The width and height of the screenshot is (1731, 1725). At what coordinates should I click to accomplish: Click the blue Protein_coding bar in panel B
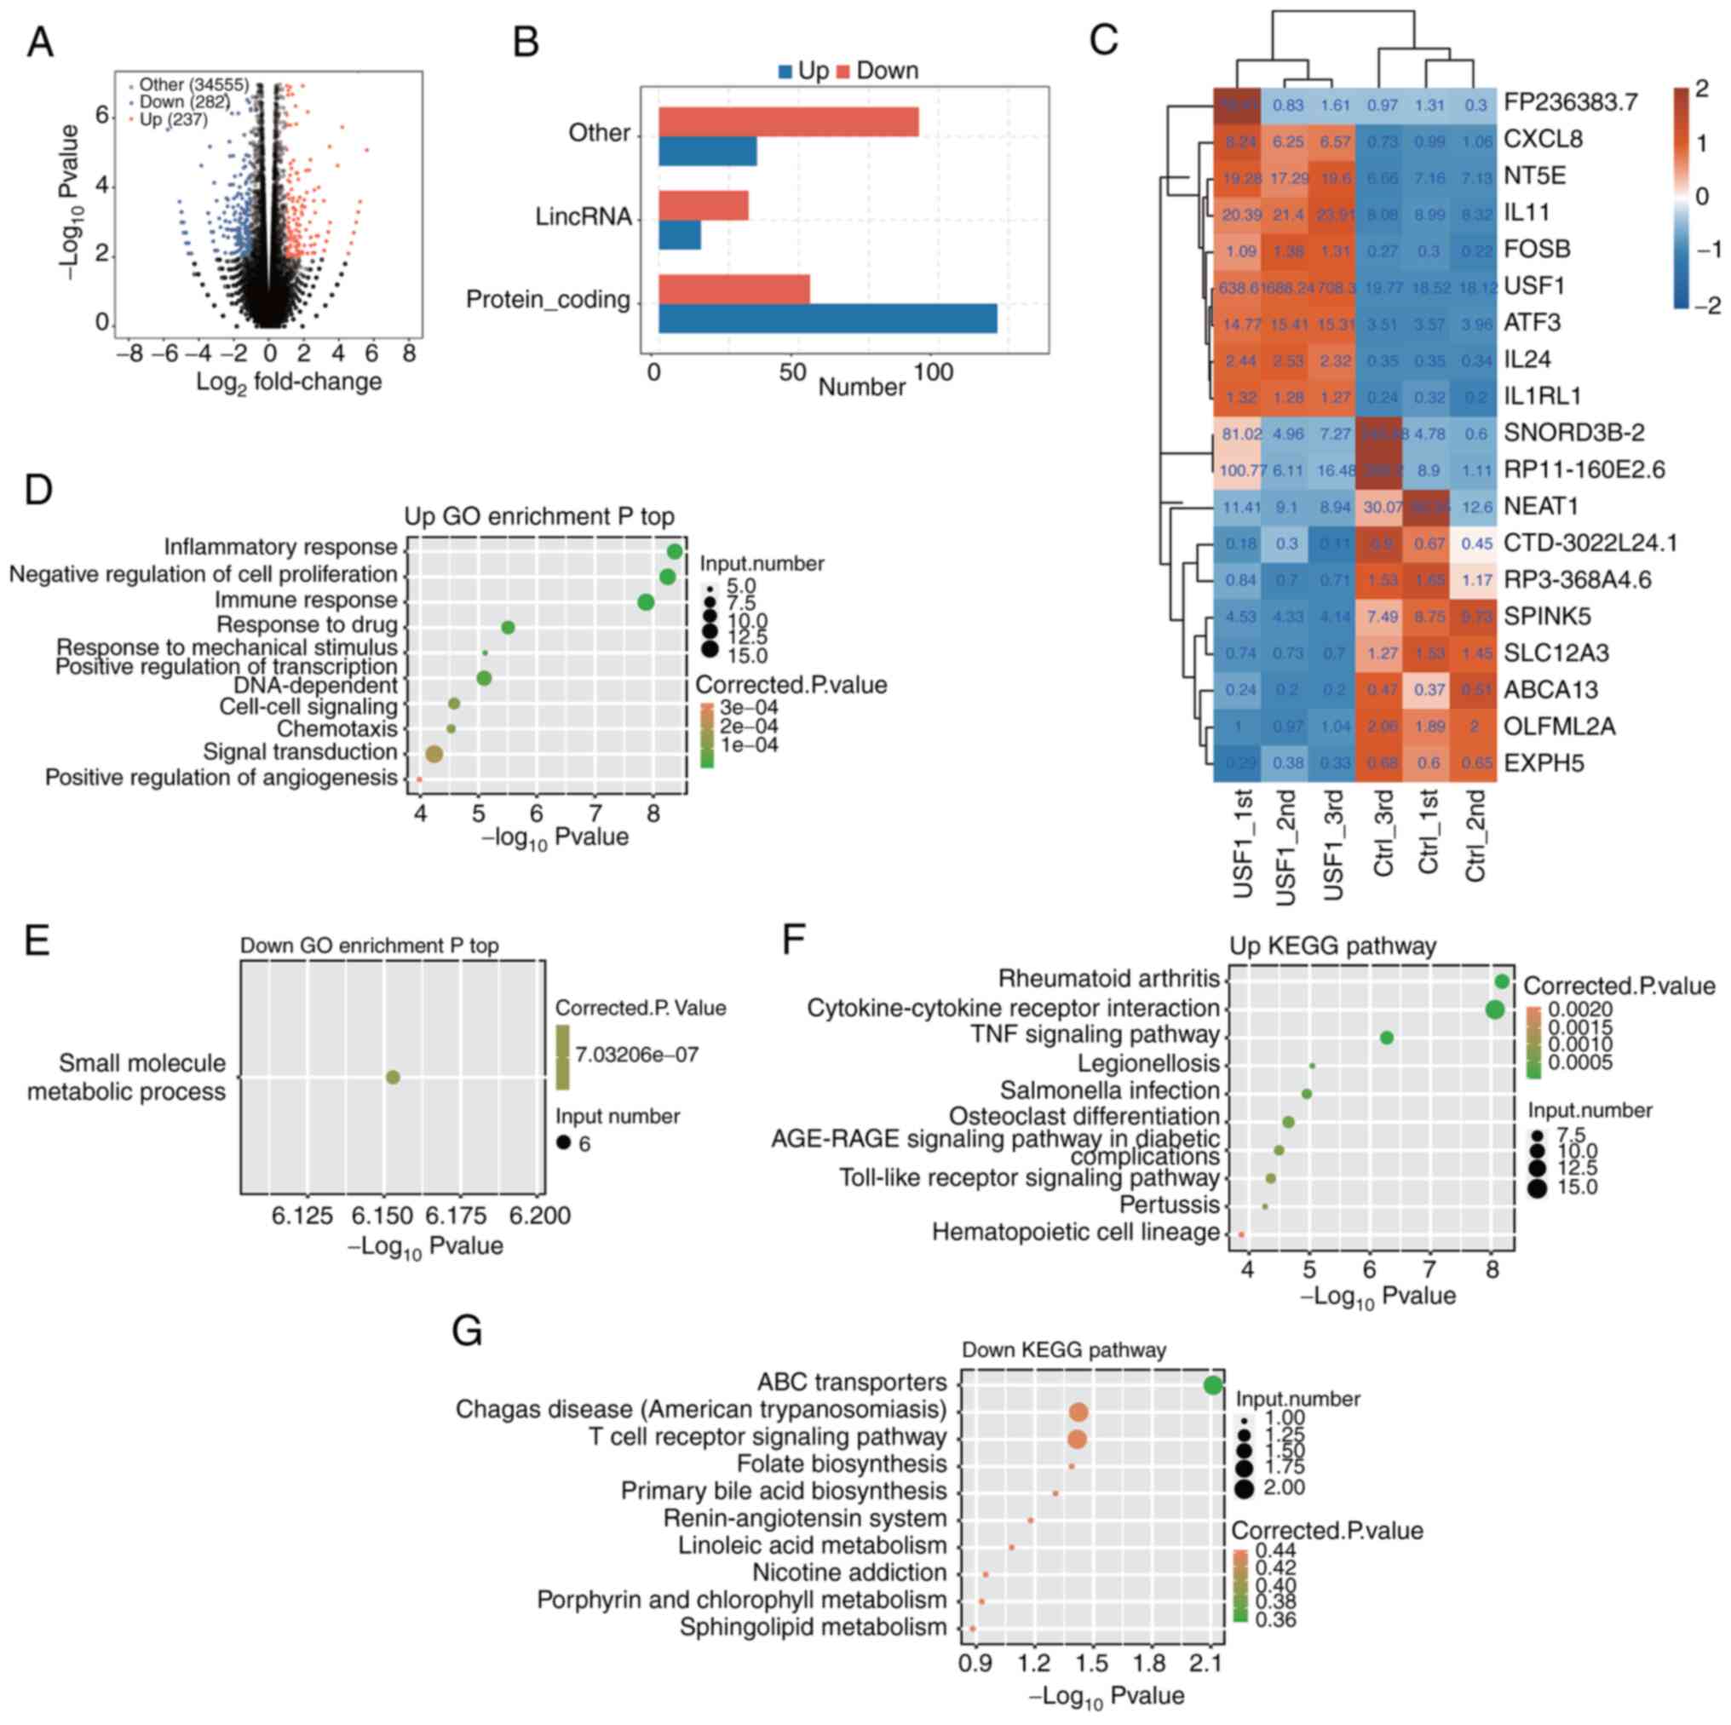coord(827,318)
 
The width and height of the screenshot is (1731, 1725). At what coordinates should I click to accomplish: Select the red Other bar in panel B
coord(789,122)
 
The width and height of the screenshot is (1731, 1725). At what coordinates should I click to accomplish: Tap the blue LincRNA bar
coord(679,235)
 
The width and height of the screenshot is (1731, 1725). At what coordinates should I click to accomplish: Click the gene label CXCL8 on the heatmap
coord(1543,139)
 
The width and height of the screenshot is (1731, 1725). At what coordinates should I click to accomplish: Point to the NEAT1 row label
coord(1540,506)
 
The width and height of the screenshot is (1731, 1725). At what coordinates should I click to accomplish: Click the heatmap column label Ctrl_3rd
coord(1383,833)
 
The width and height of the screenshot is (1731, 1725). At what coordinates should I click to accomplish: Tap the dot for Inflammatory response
coord(675,551)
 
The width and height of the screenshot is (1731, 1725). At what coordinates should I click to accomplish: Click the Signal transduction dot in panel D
coord(434,755)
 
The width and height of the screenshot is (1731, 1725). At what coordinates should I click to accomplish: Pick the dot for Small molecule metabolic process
coord(393,1076)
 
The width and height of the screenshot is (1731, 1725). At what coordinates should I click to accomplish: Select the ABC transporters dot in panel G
coord(1212,1384)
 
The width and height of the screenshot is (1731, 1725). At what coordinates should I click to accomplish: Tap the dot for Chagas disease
coord(1078,1412)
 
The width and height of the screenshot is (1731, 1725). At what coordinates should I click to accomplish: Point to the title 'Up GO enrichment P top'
coord(538,516)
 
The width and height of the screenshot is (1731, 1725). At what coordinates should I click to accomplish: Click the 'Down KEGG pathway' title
coord(1063,1349)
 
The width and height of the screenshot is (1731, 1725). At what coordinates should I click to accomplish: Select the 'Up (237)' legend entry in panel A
coord(173,119)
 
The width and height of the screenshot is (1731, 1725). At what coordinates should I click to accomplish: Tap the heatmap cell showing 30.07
coord(1383,507)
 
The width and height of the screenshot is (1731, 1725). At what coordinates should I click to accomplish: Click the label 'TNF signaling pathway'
coord(1095,1035)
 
